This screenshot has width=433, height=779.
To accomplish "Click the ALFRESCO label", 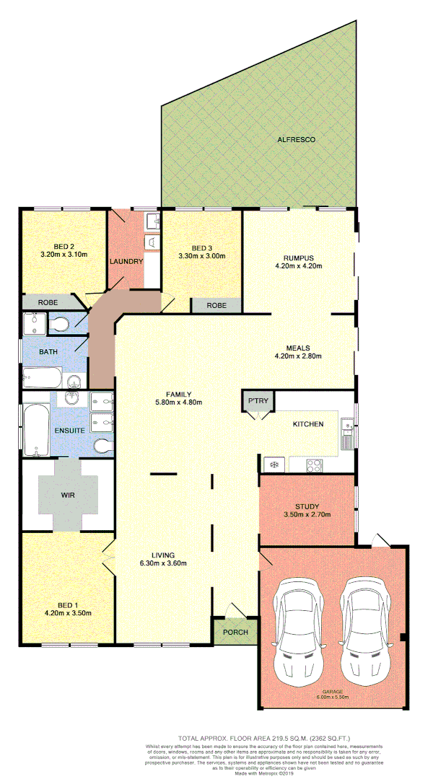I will tap(297, 139).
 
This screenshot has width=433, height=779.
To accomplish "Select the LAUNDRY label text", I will tap(126, 261).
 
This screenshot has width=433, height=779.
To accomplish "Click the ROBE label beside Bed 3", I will tap(216, 306).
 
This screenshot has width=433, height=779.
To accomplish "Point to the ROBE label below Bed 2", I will tap(48, 303).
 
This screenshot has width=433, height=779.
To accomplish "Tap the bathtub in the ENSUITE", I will tap(35, 431).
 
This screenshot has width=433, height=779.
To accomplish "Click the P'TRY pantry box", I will tap(258, 400).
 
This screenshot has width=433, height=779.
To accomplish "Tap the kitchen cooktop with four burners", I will tap(315, 465).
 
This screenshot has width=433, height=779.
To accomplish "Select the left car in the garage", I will tap(295, 622).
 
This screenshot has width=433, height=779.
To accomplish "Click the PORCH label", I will tap(235, 633).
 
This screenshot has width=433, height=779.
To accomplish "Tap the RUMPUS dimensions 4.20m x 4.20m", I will tap(299, 266).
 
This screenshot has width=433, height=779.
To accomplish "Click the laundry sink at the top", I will tap(152, 220).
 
